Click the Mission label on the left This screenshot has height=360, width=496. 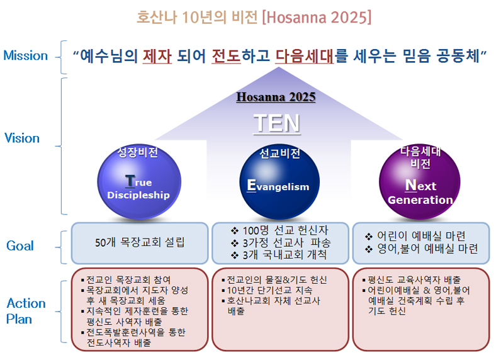point(25,55)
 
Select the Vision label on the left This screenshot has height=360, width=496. point(22,138)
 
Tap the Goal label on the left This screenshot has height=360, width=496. point(20,246)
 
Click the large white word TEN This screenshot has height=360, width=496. point(276,123)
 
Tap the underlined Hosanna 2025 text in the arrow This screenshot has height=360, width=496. point(276,98)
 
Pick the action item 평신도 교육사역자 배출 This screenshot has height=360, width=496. point(415,279)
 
